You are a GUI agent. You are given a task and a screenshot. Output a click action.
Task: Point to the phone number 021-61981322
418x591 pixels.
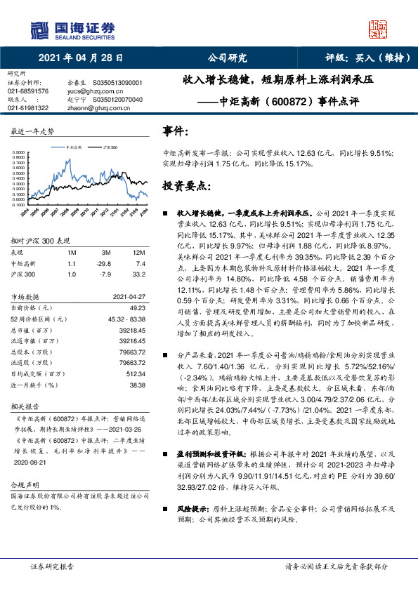pos(28,108)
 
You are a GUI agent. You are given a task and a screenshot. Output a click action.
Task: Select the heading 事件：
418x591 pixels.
pos(175,131)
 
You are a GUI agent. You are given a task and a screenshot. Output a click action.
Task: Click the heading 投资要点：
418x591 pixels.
pos(186,187)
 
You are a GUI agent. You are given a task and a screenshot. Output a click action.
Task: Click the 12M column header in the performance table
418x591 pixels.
pos(138,251)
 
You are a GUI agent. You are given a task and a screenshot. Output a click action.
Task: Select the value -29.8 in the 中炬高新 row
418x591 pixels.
pos(106,263)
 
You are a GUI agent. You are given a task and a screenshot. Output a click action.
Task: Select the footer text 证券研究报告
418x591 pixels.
pos(52,564)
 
